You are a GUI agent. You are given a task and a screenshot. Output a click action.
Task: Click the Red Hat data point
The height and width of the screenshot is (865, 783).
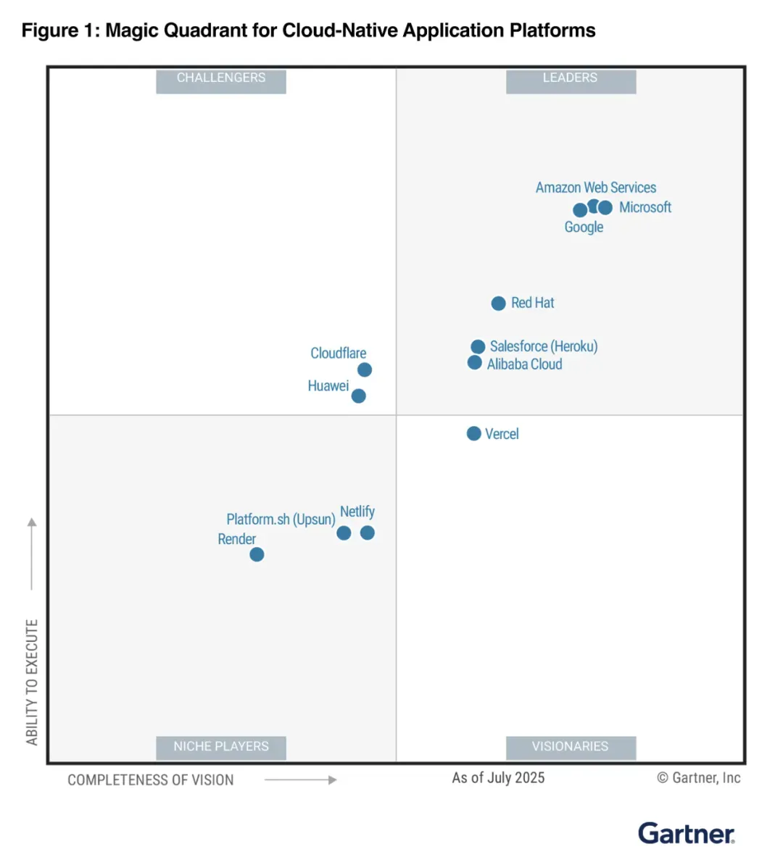[498, 304]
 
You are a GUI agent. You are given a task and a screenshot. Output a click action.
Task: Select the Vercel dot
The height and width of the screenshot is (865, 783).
[473, 433]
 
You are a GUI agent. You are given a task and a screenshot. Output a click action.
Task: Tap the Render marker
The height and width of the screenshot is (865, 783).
[257, 554]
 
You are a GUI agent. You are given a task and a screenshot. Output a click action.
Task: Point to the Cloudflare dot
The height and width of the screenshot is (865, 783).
[365, 369]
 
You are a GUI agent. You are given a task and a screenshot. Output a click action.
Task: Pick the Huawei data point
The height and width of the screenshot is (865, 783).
[358, 396]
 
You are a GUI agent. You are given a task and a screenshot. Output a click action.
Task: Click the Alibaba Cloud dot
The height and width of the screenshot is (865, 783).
[474, 362]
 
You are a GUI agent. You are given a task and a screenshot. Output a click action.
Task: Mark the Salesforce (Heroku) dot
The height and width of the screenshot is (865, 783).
[478, 347]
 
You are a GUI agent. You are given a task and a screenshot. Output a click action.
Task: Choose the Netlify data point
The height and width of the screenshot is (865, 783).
[368, 532]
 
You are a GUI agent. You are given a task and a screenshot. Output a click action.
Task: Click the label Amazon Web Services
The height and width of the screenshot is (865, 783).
[595, 188]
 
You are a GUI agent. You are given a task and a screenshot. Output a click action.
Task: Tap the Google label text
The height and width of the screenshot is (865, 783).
[584, 227]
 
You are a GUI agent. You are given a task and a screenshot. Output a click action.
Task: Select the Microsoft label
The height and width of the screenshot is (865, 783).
[645, 207]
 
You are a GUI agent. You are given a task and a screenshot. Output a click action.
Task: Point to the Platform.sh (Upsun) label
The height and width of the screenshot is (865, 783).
[281, 519]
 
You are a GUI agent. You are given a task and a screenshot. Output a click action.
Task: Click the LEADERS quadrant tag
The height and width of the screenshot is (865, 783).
[571, 78]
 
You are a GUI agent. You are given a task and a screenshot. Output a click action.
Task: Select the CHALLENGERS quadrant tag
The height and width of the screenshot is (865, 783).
[221, 78]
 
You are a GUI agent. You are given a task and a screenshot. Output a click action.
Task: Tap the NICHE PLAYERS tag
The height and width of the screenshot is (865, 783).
[221, 746]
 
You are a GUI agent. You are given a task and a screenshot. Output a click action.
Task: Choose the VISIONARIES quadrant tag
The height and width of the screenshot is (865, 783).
[571, 746]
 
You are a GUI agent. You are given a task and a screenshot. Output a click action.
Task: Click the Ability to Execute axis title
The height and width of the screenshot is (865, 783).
[32, 681]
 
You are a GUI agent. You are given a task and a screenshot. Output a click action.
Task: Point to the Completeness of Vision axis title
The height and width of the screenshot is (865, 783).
[151, 780]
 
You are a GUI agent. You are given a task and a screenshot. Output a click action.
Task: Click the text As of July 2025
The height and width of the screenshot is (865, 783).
[498, 778]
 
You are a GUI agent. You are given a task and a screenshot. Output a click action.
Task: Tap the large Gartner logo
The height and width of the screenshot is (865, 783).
[686, 833]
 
